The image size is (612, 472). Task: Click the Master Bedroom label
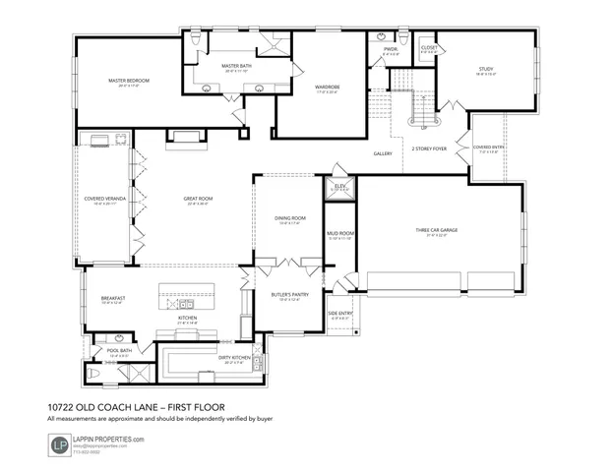[x=127, y=81]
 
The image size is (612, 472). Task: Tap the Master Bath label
[x=237, y=66]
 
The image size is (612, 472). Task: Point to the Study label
[x=485, y=69]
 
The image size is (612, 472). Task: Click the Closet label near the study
[x=429, y=47]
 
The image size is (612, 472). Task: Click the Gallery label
[x=383, y=154]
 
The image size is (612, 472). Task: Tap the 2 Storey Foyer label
[x=429, y=148]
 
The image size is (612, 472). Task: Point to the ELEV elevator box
[x=340, y=185]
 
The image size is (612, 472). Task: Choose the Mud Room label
[x=339, y=233]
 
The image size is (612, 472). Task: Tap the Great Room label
[x=198, y=199]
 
